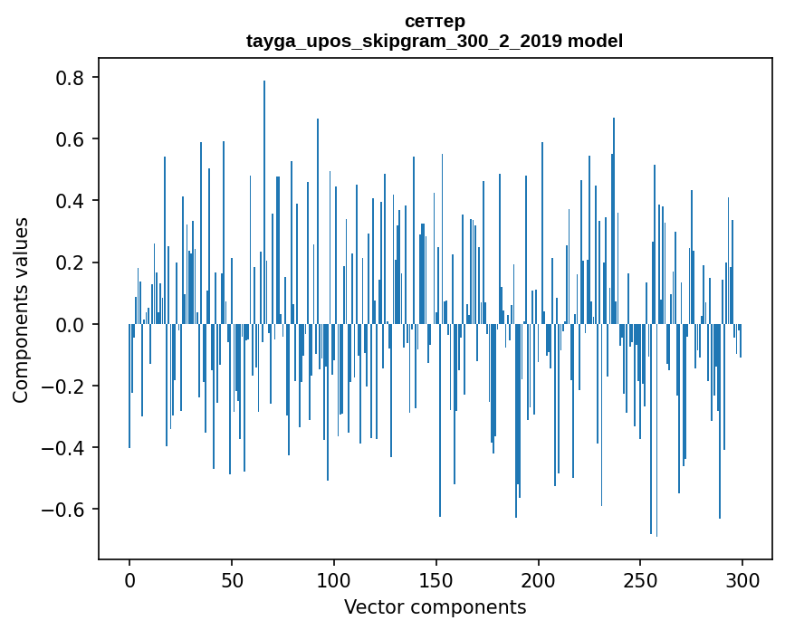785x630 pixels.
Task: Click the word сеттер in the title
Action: point(435,21)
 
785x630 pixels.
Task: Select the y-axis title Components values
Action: point(21,310)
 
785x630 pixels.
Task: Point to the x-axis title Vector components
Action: point(435,606)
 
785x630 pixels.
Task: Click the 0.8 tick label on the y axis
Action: point(72,78)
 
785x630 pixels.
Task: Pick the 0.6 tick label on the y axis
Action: point(72,139)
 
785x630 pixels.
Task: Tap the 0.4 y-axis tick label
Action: point(72,201)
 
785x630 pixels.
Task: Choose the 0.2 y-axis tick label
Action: point(72,262)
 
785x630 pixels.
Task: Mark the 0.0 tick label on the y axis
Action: point(72,324)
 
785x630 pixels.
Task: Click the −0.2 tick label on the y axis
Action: point(65,386)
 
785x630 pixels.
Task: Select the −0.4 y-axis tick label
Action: point(65,447)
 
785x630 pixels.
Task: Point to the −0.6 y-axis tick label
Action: point(65,509)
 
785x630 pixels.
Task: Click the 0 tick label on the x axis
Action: point(129,579)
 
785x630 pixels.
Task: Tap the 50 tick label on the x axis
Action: point(231,579)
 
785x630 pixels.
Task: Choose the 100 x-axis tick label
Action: point(333,579)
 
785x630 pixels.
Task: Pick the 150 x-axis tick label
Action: point(436,579)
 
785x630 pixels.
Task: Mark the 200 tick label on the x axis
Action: point(538,579)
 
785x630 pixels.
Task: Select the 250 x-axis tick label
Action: point(640,579)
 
